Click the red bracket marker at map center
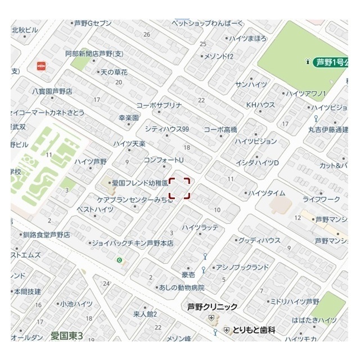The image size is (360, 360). (180, 188)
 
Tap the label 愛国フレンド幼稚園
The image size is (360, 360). (140, 183)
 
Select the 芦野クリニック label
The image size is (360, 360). (212, 307)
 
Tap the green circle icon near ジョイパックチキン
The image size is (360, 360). (119, 260)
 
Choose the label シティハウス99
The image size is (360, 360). (166, 129)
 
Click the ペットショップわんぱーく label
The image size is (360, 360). (208, 23)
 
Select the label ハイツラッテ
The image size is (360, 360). (200, 227)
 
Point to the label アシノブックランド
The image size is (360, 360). (242, 267)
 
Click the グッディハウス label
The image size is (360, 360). (259, 240)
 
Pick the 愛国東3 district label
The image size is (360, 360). (67, 336)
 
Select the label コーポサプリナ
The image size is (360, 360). (159, 105)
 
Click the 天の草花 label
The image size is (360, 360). (114, 73)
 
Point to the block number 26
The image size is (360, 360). (147, 34)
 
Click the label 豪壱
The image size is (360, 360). (188, 274)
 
